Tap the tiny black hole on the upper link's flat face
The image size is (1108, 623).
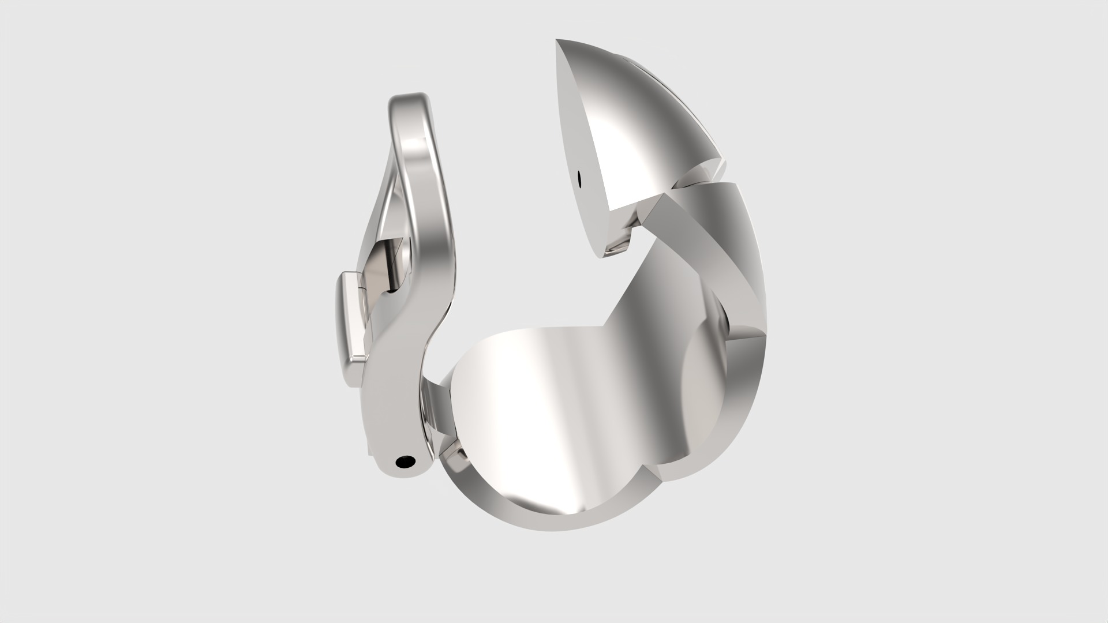[x=579, y=178]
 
